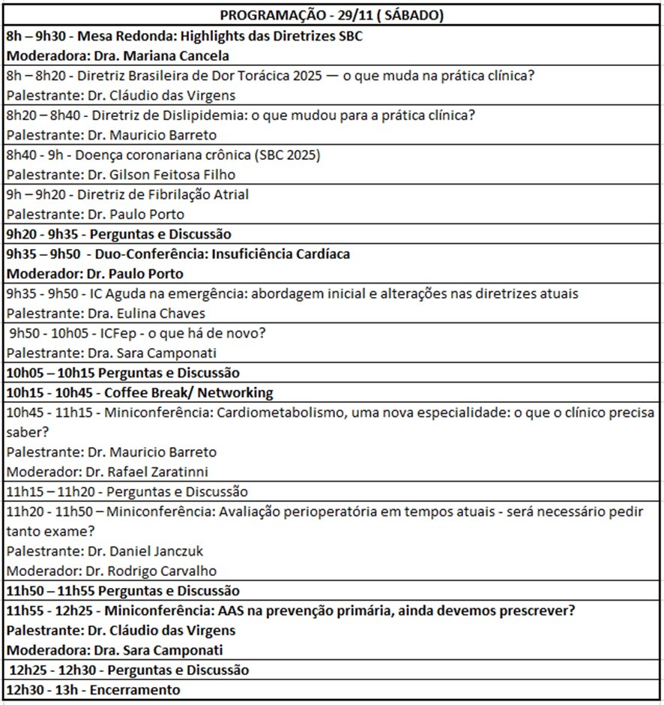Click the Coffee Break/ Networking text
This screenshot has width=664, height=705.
click(x=189, y=392)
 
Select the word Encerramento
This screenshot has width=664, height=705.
click(x=136, y=689)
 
